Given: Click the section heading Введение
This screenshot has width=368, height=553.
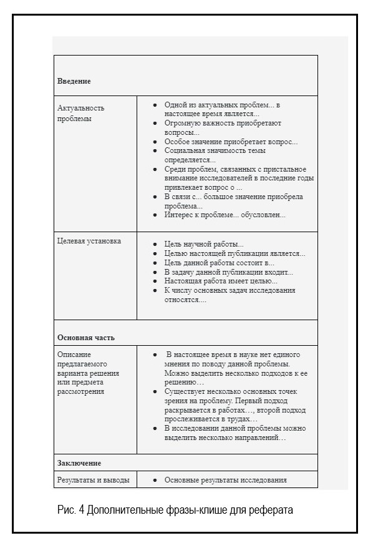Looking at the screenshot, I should [74, 82].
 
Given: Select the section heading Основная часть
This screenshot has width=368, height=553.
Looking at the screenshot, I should [86, 338].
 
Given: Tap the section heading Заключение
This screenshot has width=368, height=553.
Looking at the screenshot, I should [79, 463].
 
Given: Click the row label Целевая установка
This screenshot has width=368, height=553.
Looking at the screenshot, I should [89, 241].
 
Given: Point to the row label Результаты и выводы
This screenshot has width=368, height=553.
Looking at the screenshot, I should [94, 480].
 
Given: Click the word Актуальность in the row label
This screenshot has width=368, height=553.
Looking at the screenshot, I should [81, 108].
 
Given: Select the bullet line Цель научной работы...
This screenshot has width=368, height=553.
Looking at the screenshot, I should [204, 244].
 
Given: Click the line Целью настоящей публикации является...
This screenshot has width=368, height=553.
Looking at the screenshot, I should [235, 253].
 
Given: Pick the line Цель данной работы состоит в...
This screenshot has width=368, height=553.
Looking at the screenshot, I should [219, 263].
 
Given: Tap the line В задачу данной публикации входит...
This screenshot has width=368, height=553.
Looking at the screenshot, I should [228, 272].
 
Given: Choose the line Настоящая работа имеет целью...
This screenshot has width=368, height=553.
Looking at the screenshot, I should [221, 281].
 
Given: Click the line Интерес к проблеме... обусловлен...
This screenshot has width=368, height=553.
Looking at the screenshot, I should [225, 215].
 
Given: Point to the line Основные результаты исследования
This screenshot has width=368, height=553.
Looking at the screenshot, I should [225, 480].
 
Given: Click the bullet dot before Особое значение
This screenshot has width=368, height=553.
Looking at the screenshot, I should [155, 142].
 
